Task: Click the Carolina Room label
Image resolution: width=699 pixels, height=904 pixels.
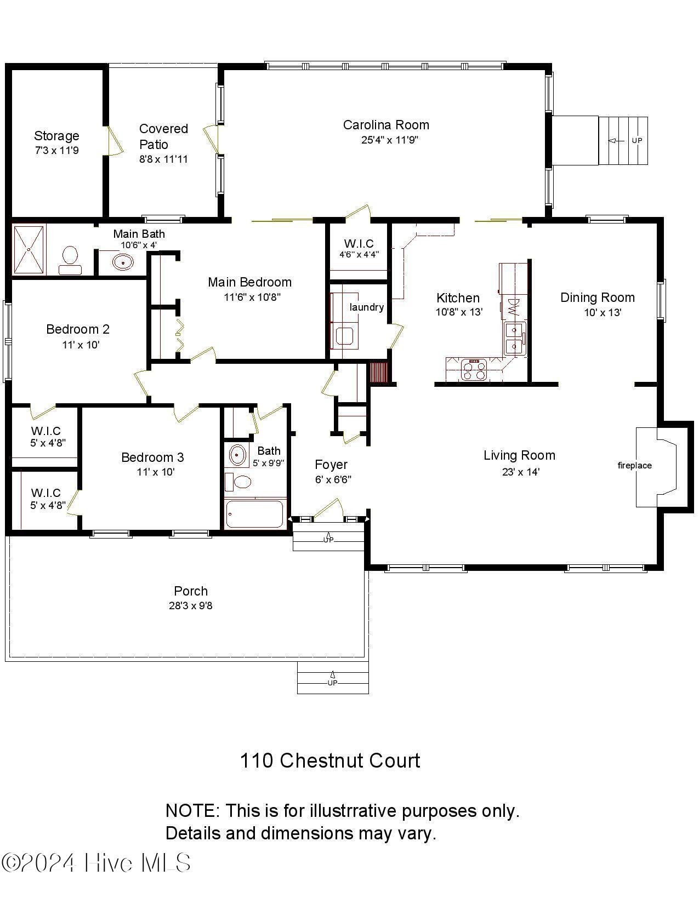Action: [386, 125]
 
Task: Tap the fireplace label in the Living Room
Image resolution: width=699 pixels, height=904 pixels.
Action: [634, 466]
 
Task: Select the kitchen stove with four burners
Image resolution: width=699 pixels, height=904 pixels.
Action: [474, 370]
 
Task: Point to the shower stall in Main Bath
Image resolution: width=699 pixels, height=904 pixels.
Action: [29, 249]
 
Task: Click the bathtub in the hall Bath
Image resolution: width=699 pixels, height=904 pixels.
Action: [255, 514]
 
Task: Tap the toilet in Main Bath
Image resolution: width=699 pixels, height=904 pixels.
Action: [70, 259]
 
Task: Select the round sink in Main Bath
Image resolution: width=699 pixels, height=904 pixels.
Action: [123, 262]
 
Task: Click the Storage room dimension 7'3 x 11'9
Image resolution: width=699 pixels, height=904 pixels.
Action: [56, 150]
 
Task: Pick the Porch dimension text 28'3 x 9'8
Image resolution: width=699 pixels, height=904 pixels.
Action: [190, 606]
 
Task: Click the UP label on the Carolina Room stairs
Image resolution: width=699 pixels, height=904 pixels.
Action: [637, 141]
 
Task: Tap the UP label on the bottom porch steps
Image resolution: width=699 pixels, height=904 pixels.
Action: [332, 683]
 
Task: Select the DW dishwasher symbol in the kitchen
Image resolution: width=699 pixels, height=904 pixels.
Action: [513, 306]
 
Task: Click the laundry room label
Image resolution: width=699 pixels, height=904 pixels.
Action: [366, 307]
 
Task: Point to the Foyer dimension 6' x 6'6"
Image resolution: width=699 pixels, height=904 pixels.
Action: [333, 479]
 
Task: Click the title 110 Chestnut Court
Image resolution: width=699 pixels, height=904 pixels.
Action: [330, 760]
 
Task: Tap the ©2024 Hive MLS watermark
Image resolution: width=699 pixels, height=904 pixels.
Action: [96, 863]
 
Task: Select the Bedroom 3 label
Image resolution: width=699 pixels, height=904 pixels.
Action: [152, 457]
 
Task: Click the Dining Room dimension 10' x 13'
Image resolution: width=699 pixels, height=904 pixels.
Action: [602, 313]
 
